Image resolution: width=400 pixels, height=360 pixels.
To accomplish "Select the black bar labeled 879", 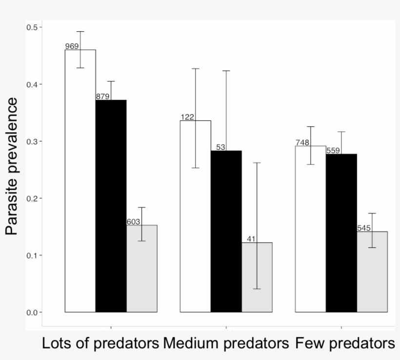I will coord(111,205).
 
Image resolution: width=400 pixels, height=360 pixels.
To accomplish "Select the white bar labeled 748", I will coord(311,229).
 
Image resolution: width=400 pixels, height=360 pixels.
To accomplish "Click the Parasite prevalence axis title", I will coord(12,166).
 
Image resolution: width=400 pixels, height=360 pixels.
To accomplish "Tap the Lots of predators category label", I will coord(100,343).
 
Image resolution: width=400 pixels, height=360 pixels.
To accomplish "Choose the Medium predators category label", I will coord(226,343).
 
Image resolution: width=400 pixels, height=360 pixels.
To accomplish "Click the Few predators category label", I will coord(345,343).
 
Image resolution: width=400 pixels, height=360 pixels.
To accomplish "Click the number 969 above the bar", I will coord(72,46).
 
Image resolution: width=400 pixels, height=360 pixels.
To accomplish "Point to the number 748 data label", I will coord(302,142).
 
